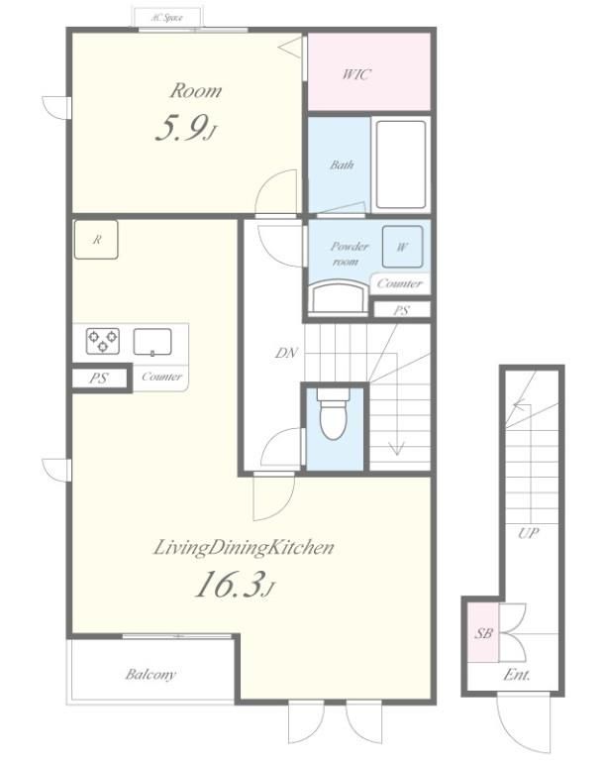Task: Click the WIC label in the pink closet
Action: [x=356, y=74]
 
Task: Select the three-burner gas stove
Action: [x=103, y=341]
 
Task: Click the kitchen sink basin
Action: [x=152, y=342]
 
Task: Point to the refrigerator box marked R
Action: [x=96, y=239]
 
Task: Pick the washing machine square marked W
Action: [x=402, y=247]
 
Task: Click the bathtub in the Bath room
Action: [x=401, y=164]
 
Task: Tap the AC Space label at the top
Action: [x=166, y=18]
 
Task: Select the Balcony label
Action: [x=151, y=674]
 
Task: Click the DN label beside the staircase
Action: [x=286, y=353]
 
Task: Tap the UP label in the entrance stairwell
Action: [x=529, y=533]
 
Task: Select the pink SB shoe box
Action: [x=483, y=633]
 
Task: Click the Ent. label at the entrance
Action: [x=517, y=675]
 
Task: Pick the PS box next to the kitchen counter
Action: [x=99, y=379]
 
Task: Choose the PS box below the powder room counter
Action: [x=402, y=309]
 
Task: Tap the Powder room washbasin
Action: [x=340, y=296]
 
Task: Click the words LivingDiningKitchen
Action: [x=244, y=547]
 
